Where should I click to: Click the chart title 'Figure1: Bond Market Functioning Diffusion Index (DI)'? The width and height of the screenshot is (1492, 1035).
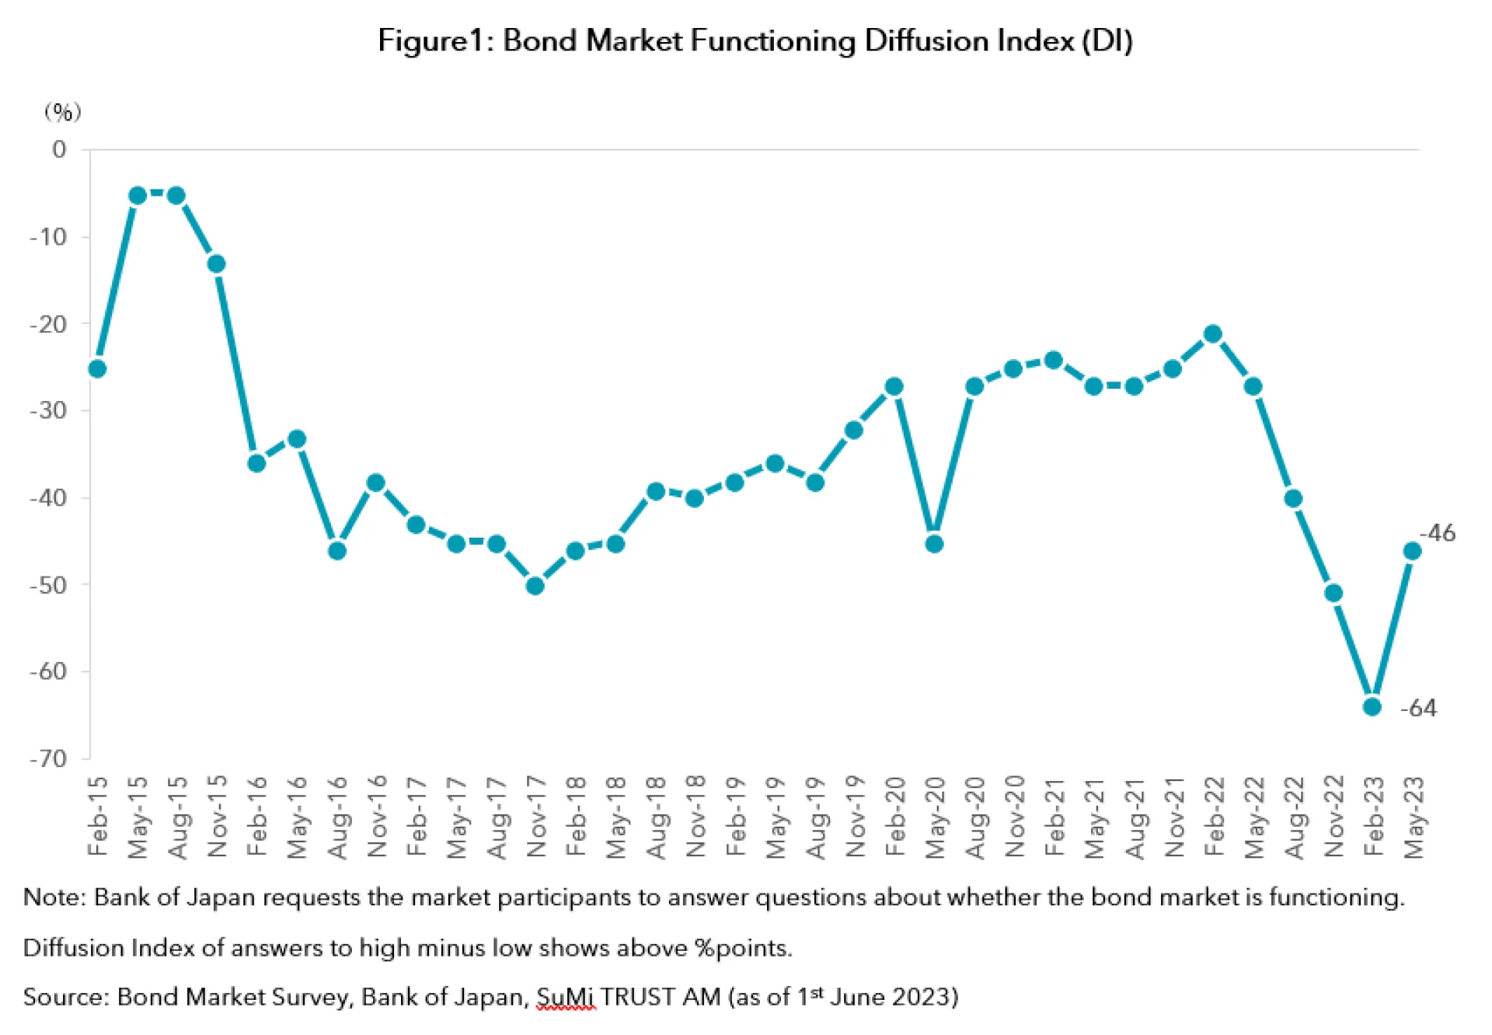755,40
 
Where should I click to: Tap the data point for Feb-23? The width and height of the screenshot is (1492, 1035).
1372,706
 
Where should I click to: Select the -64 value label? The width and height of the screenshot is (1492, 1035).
1418,708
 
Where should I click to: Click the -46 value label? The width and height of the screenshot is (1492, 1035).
1438,533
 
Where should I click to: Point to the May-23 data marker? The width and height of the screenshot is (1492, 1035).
1412,551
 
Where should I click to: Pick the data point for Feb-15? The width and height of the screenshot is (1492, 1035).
97,368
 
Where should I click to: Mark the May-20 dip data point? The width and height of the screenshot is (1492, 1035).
935,543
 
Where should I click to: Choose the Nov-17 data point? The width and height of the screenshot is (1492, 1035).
535,585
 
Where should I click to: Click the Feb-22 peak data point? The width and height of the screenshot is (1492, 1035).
1212,334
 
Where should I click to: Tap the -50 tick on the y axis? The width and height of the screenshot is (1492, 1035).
48,584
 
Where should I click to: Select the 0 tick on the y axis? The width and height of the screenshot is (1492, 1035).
59,149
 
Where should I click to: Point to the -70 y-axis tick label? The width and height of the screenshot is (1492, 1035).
48,758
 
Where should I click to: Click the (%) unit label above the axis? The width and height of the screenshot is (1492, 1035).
62,112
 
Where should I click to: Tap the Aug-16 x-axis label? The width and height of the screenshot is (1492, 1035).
337,816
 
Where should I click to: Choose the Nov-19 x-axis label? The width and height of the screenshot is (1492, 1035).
855,816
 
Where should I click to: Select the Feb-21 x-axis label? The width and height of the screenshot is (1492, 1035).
1055,816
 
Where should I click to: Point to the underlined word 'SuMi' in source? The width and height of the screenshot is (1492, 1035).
565,997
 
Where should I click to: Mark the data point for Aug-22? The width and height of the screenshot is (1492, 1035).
1293,498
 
